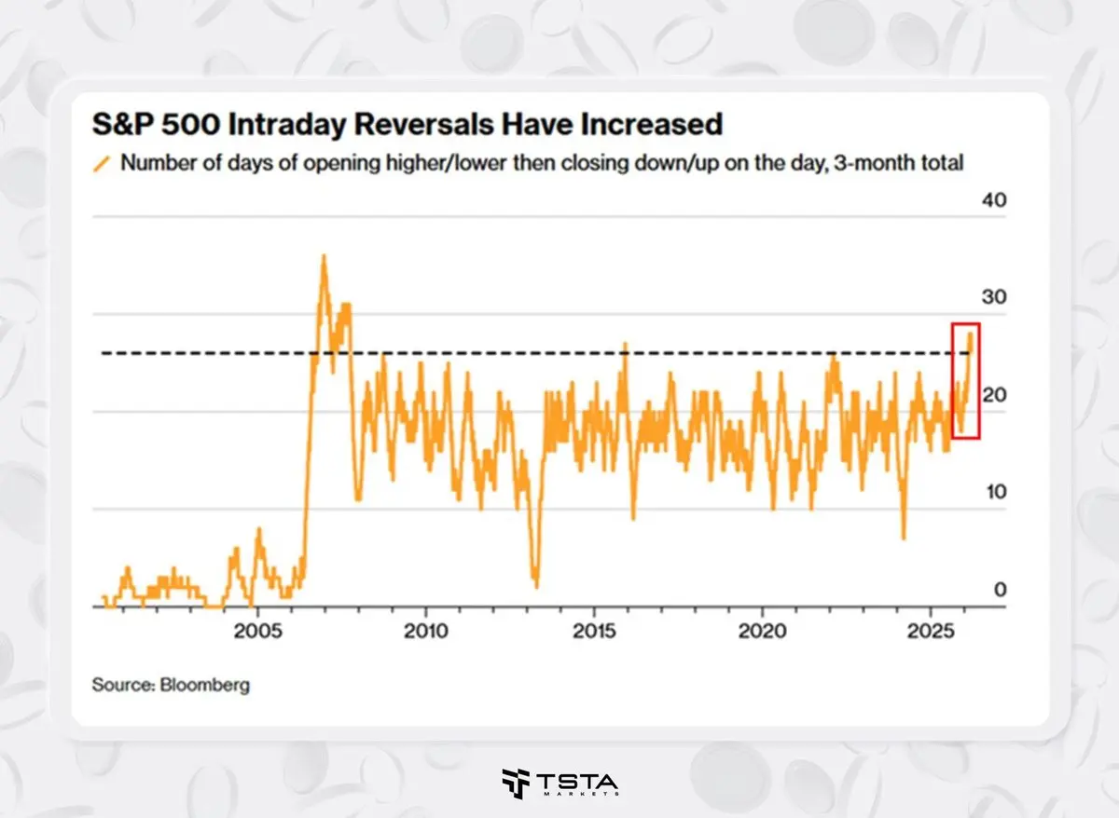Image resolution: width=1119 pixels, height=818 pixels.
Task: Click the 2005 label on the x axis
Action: [x=258, y=631]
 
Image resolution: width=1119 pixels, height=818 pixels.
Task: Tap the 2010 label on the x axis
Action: [x=426, y=631]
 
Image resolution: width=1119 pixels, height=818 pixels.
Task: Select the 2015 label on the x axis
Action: [x=594, y=631]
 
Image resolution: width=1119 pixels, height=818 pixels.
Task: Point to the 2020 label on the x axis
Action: [x=763, y=631]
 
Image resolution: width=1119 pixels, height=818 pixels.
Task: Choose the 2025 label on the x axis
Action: [x=931, y=631]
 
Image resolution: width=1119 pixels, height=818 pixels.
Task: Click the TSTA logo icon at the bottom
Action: [x=514, y=784]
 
